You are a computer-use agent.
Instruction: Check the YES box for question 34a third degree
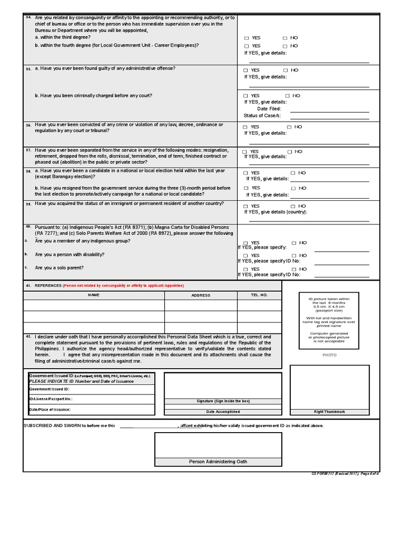pos(247,38)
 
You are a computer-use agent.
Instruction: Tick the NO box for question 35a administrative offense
pos(285,70)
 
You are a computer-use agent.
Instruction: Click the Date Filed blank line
pos(329,109)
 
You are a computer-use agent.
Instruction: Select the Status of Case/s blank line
pos(329,116)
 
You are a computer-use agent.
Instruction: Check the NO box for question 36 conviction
pos(289,127)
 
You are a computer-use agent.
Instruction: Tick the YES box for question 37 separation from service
pos(246,152)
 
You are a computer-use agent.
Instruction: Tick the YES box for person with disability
pos(246,256)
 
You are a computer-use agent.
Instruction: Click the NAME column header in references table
pos(93,295)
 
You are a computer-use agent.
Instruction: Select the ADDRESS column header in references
pos(200,295)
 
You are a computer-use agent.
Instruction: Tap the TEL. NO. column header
pos(259,295)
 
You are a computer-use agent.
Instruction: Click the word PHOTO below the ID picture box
pos(330,355)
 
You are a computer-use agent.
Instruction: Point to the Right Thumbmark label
pos(330,412)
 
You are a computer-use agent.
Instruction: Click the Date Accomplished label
pos(223,412)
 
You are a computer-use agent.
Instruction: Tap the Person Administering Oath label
pos(218,461)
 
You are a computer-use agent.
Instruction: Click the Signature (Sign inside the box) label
pos(223,401)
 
